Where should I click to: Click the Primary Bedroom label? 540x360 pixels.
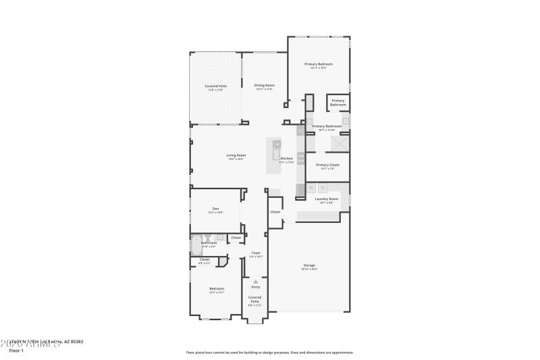(319, 64)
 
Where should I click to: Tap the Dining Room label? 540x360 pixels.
(264, 85)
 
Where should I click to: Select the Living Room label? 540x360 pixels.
(236, 155)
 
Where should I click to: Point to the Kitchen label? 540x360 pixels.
(287, 159)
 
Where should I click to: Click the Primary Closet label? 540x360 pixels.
(327, 165)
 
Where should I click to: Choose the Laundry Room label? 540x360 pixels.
(327, 199)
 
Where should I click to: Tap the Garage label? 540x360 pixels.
(309, 265)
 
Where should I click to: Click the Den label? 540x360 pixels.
(215, 208)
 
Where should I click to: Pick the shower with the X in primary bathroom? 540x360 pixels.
(340, 145)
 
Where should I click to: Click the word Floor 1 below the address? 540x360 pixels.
(16, 351)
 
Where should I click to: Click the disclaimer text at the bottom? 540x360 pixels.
(269, 352)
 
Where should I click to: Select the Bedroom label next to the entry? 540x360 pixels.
(216, 288)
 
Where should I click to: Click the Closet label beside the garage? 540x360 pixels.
(275, 212)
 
